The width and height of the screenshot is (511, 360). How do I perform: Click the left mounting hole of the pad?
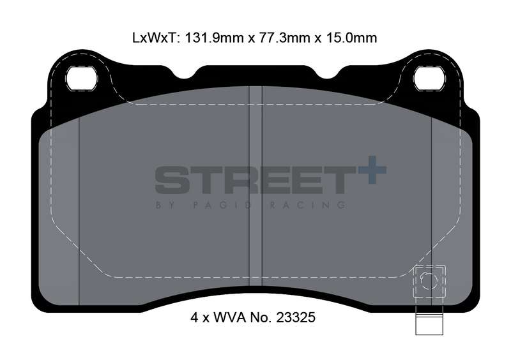[82, 79]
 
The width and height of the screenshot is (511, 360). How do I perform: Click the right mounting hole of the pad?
[429, 79]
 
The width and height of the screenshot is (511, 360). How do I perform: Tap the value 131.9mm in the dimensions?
[214, 38]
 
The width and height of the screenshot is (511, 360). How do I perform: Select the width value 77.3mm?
[284, 38]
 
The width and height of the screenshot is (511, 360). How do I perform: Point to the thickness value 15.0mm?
[351, 38]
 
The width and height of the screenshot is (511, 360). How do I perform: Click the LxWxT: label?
[156, 38]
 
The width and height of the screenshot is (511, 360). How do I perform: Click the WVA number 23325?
[296, 317]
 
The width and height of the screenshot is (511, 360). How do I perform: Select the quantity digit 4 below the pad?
[194, 317]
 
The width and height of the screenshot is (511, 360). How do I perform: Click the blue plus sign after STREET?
[372, 170]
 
